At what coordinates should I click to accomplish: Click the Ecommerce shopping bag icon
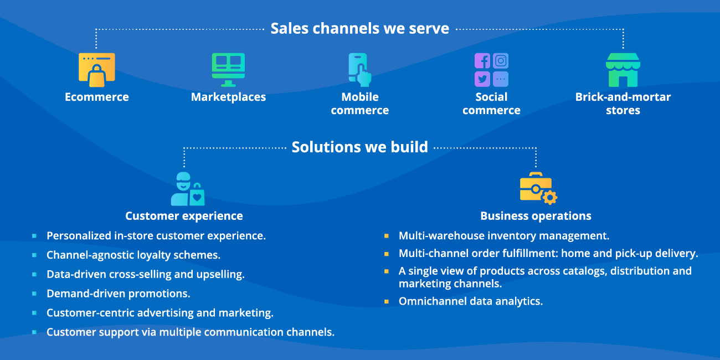tap(97, 71)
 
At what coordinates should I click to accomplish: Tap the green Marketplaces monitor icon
tap(228, 69)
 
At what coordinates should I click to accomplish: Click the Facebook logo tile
tap(482, 61)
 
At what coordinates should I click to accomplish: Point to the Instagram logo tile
tap(501, 61)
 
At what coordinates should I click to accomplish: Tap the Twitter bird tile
tap(482, 79)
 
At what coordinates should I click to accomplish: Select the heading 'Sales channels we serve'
tap(359, 28)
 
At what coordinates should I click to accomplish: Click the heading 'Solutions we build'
tap(359, 147)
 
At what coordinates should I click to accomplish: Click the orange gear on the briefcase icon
tap(549, 198)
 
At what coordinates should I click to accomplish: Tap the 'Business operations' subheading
tap(536, 216)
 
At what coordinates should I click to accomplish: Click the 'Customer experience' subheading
tap(184, 216)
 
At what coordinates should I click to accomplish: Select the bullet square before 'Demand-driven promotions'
tap(34, 294)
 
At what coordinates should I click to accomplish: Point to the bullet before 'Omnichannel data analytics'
tap(387, 302)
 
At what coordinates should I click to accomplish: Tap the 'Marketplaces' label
tap(228, 97)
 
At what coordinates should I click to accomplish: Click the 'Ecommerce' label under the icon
tap(97, 97)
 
